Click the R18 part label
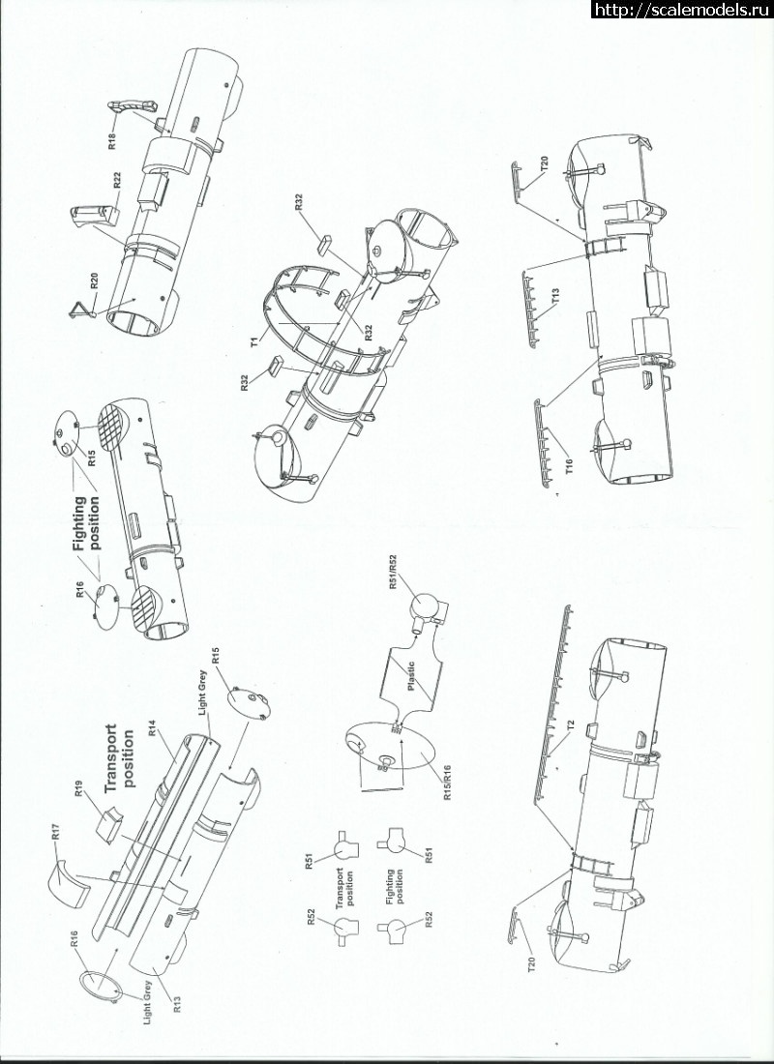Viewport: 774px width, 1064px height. pyautogui.click(x=113, y=140)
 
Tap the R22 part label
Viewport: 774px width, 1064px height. pyautogui.click(x=118, y=181)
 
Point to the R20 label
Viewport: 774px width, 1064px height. pyautogui.click(x=96, y=281)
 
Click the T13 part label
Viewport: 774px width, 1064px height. pyautogui.click(x=556, y=296)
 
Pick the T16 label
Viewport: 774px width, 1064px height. pyautogui.click(x=570, y=465)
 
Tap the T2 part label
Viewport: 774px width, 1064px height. pyautogui.click(x=572, y=728)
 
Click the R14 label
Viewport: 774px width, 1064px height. pyautogui.click(x=153, y=737)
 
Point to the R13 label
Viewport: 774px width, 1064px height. pyautogui.click(x=177, y=1003)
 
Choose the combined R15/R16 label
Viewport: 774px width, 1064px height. pyautogui.click(x=448, y=781)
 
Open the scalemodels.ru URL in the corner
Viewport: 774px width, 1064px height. pyautogui.click(x=682, y=9)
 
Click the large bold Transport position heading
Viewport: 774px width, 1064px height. pyautogui.click(x=120, y=756)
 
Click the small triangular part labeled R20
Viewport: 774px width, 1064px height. pyautogui.click(x=81, y=310)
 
